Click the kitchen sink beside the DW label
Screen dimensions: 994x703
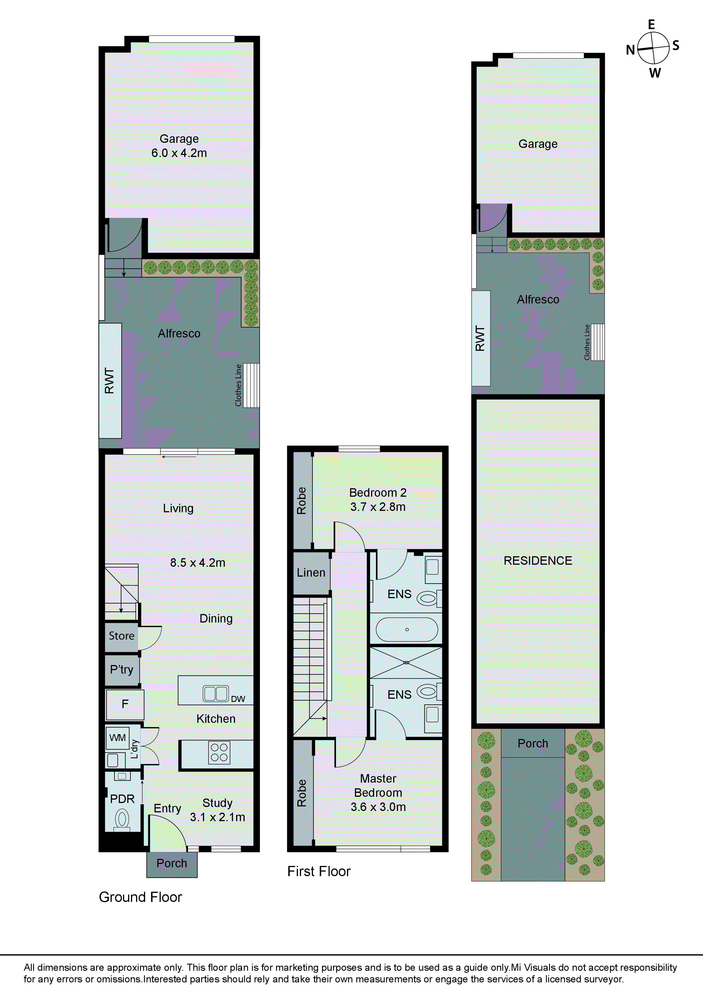[x=215, y=694]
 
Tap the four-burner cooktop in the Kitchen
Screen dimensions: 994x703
[x=219, y=752]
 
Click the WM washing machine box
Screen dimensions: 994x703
[x=117, y=738]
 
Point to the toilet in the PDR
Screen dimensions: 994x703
[x=122, y=819]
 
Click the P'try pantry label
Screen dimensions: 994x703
[x=122, y=670]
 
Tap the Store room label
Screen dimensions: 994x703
[x=121, y=636]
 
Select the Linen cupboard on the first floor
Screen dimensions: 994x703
[x=311, y=573]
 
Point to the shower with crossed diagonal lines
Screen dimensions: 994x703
[x=406, y=663]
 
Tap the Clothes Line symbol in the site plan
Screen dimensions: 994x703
[x=598, y=342]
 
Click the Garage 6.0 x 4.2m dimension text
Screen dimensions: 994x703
[x=179, y=153]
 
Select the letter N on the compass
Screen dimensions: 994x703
[x=630, y=50]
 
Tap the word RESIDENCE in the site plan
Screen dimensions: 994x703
[x=537, y=561]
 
